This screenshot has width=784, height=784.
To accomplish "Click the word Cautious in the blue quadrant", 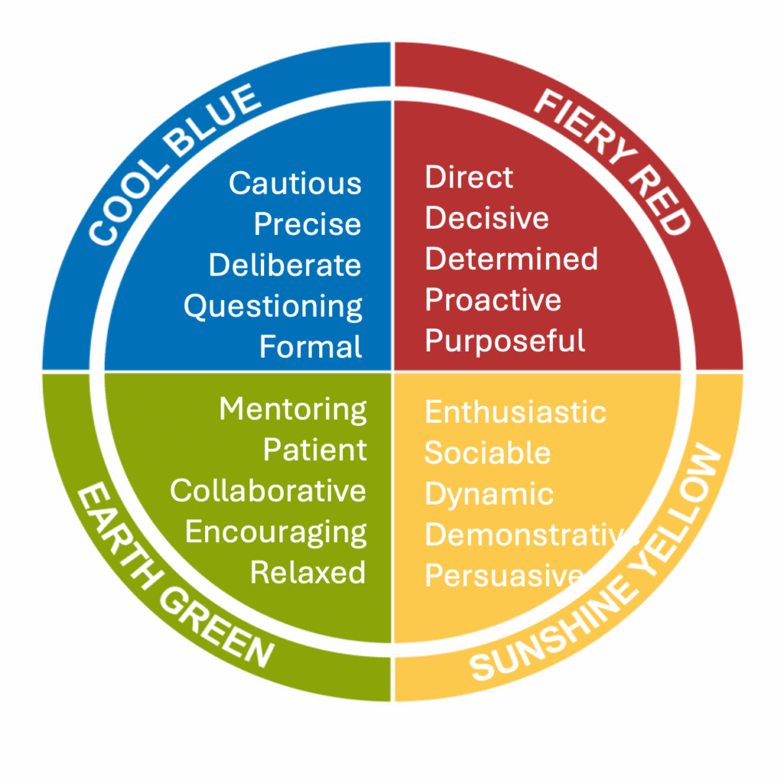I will pos(295,183).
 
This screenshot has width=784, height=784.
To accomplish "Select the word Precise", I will pos(307,224).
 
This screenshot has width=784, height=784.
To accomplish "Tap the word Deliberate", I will pos(285,265).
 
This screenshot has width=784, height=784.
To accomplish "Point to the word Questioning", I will pos(273,306).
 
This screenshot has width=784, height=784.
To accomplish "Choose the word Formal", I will pos(311,347).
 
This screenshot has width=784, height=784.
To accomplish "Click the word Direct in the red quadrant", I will pos(469,177).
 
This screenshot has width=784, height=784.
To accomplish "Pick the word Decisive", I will pos(487,217).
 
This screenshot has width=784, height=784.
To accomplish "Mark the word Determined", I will pos(511,258).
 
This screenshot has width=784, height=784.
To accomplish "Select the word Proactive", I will pos(493,299).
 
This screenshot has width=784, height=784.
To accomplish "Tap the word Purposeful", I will pos(505,341).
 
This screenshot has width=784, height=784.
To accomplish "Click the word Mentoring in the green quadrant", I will pos(293,409).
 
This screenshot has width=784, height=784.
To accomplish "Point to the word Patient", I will pos(315,449).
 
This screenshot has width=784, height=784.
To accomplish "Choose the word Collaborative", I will pos(268,490).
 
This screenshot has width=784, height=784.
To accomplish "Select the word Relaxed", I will pos(309,572).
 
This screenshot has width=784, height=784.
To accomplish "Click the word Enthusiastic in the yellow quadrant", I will pos(515,412).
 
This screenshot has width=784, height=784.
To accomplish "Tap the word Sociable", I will pos(488,452).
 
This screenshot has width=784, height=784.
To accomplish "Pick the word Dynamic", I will pos(489,493).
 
